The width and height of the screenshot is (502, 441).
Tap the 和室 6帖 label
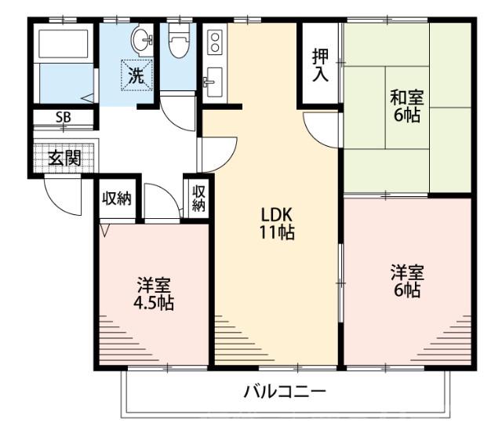click(407, 106)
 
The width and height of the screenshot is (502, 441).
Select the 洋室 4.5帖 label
click(154, 293)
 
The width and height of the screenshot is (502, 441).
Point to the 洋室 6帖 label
click(407, 280)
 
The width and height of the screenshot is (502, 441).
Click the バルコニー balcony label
click(283, 390)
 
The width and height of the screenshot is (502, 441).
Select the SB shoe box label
click(62, 119)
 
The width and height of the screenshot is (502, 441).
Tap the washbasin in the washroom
click(141, 39)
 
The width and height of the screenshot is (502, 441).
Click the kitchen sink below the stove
click(213, 80)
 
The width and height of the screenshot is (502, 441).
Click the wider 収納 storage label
click(117, 198)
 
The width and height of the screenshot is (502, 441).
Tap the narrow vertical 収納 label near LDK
click(198, 198)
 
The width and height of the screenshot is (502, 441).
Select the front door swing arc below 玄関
click(63, 195)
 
